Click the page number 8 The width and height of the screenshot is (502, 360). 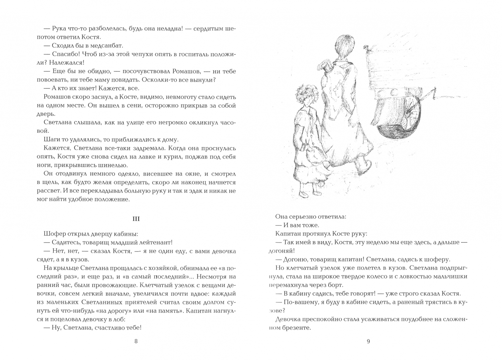point(135,341)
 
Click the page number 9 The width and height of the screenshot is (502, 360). point(368,341)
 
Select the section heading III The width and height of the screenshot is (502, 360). point(136,219)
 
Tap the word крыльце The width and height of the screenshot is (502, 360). point(63,268)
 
